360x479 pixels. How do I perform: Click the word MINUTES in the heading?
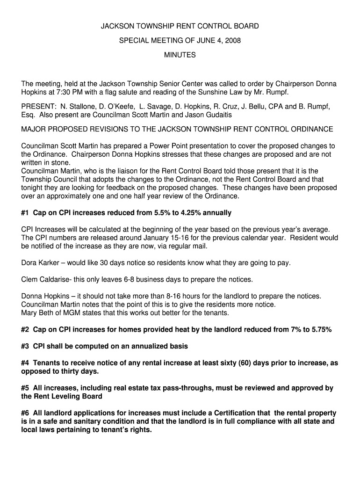(x=180, y=55)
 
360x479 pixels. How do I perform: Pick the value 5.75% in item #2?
(x=320, y=330)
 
